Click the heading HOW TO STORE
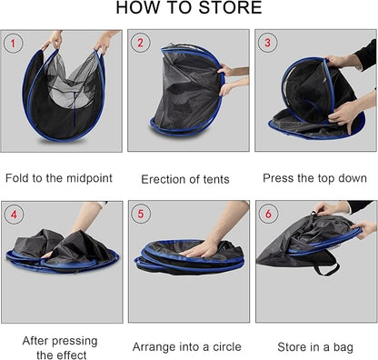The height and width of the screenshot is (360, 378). (189, 9)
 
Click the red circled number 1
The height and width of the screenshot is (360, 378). (13, 43)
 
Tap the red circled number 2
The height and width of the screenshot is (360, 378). (140, 43)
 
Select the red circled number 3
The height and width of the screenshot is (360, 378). (267, 43)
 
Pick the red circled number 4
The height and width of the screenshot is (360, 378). (13, 215)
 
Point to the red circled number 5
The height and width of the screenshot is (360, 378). (140, 215)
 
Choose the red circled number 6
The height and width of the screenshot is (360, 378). (267, 215)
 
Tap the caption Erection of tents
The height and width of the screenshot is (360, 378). (186, 179)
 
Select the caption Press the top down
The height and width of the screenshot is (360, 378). (314, 178)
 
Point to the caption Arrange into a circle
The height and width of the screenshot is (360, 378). (186, 346)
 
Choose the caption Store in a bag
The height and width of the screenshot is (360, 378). (314, 346)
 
